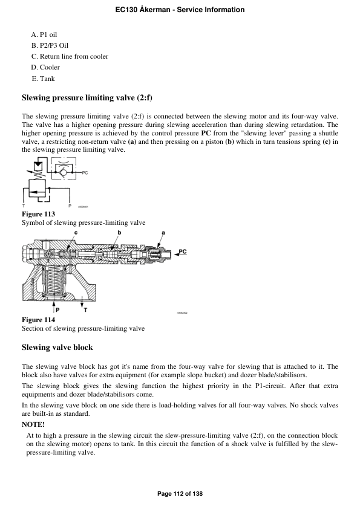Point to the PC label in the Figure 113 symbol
[x=85, y=172]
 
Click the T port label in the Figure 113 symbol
[x=23, y=206]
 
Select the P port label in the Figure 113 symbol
[x=70, y=206]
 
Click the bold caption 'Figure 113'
[x=38, y=214]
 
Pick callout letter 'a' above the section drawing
[x=163, y=233]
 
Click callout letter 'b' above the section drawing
[x=119, y=233]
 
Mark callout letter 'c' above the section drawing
[x=76, y=233]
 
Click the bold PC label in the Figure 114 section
[x=182, y=251]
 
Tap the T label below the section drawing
[x=85, y=310]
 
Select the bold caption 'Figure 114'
[x=38, y=319]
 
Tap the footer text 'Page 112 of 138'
[x=180, y=494]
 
